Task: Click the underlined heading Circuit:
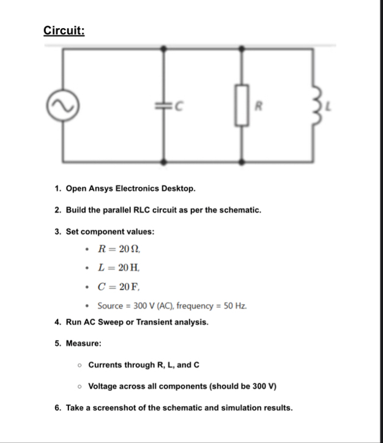tap(64, 31)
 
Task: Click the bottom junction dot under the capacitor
tap(163, 162)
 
